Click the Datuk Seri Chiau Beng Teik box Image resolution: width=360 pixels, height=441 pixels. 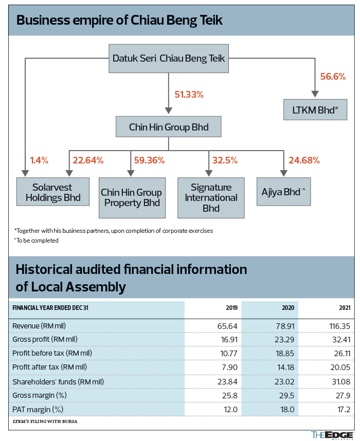coord(169,59)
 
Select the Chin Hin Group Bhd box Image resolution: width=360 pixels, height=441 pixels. coord(169,127)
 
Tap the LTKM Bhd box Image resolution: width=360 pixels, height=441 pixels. coord(315,109)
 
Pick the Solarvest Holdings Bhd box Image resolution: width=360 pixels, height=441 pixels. coord(53,192)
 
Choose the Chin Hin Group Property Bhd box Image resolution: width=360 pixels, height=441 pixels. coord(132,198)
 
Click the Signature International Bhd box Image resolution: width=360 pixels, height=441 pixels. coord(211,198)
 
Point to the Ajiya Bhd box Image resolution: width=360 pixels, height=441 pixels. coord(284,192)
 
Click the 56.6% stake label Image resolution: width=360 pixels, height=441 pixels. coord(333,77)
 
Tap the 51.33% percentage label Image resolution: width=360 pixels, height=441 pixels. coord(189,95)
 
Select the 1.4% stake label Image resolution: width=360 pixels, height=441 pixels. coord(39,160)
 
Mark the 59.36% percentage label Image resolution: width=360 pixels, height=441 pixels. coord(149,160)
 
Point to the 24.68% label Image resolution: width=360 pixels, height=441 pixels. coord(304,160)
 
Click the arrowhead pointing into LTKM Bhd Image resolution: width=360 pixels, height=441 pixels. coord(315,94)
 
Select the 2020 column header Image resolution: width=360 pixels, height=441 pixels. coord(288,308)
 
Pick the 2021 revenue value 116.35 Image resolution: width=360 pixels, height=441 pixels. coord(340,326)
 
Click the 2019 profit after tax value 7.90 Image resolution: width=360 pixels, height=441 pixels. coord(230,367)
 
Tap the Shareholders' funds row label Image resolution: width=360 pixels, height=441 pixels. coord(58,382)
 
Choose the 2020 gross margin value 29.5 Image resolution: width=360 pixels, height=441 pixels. coord(286,396)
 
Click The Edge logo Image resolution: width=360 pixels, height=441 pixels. coord(332,435)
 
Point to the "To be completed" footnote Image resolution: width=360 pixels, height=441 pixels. coord(37,241)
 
